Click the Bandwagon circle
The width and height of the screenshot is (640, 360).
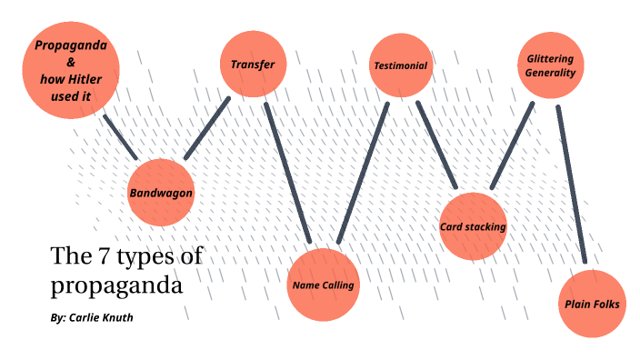[161, 193]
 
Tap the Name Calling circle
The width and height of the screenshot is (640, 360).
[323, 285]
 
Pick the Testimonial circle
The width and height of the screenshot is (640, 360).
[400, 66]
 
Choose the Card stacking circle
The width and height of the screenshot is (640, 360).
[472, 226]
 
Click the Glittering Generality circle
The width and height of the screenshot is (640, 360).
[550, 66]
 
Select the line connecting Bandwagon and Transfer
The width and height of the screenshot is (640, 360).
[207, 128]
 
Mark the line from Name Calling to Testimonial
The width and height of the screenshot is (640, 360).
[363, 173]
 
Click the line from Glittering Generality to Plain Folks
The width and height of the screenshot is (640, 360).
[572, 186]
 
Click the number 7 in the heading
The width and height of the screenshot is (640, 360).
[95, 257]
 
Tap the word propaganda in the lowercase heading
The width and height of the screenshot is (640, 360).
[117, 285]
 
